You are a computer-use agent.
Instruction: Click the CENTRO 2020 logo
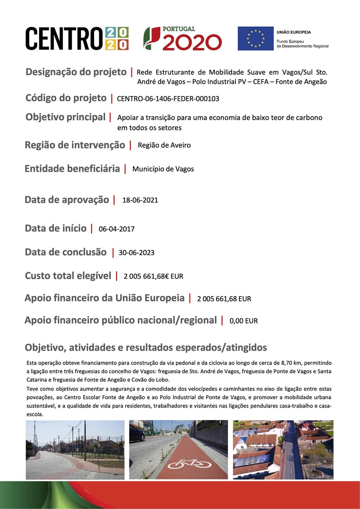click(x=77, y=38)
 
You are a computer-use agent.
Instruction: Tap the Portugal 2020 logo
click(x=182, y=38)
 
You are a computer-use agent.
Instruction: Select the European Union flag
click(x=255, y=38)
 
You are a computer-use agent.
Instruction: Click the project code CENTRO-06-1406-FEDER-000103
click(x=168, y=99)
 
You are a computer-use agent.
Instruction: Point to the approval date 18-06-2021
click(x=140, y=200)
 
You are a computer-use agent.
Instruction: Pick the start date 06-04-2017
click(x=116, y=229)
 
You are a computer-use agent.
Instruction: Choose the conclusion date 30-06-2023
click(x=136, y=253)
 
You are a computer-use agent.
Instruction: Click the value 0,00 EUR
click(x=244, y=321)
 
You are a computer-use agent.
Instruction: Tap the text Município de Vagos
click(x=163, y=169)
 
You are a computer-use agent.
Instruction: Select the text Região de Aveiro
click(x=164, y=145)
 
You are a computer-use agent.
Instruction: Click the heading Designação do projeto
click(x=76, y=72)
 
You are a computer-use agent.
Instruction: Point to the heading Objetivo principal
click(x=65, y=117)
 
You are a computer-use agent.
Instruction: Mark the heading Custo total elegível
click(x=68, y=276)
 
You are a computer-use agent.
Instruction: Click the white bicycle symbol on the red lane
click(x=189, y=464)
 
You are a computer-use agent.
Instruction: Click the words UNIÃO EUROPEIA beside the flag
click(x=294, y=32)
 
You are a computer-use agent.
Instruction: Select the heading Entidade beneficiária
click(x=72, y=169)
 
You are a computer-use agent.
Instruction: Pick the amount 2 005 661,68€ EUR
click(x=153, y=276)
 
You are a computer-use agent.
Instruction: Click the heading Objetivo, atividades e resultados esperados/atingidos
click(x=146, y=348)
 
